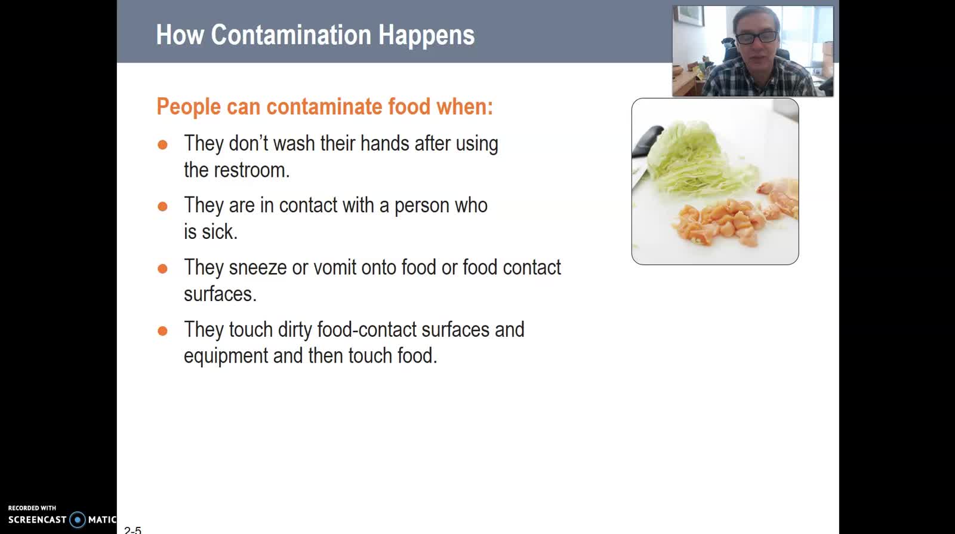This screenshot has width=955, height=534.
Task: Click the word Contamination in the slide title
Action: click(291, 35)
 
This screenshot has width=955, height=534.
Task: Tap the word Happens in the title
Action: click(426, 36)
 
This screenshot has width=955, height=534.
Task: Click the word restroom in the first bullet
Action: click(251, 170)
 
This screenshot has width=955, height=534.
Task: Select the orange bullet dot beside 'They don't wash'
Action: click(162, 145)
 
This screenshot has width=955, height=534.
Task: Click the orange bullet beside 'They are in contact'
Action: click(162, 207)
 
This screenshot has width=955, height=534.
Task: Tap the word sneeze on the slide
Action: click(257, 268)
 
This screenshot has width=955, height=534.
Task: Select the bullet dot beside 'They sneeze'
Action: click(162, 269)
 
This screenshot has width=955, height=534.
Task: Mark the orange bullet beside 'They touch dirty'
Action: click(162, 331)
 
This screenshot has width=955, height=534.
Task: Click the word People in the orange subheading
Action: click(189, 107)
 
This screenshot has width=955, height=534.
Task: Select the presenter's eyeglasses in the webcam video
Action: click(756, 38)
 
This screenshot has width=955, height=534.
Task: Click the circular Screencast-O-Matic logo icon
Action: click(78, 520)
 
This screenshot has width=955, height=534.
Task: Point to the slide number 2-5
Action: click(133, 530)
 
